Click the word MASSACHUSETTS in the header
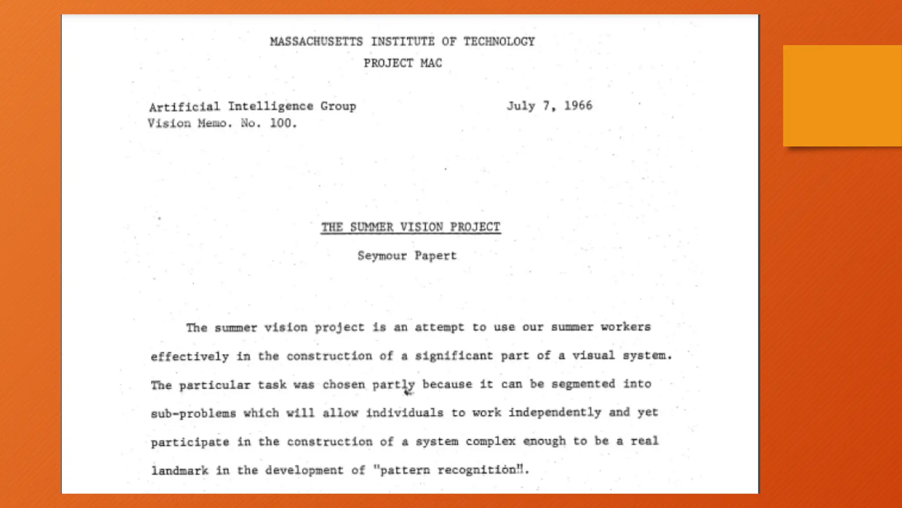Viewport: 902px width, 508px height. (316, 42)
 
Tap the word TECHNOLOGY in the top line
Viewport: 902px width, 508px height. (499, 42)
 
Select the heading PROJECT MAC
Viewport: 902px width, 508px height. (403, 63)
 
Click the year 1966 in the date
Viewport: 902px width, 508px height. (578, 106)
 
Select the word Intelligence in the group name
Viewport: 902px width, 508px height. (270, 107)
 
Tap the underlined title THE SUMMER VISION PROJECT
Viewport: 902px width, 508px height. (410, 228)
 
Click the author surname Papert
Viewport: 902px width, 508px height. (436, 256)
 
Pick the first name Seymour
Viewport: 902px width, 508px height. (382, 256)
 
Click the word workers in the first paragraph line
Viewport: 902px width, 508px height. (625, 327)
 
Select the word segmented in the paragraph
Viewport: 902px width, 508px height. (583, 384)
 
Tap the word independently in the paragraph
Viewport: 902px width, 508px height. (555, 413)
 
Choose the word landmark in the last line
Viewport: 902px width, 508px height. (180, 471)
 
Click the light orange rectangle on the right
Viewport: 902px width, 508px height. (842, 96)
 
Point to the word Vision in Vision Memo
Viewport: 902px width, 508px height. (169, 123)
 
